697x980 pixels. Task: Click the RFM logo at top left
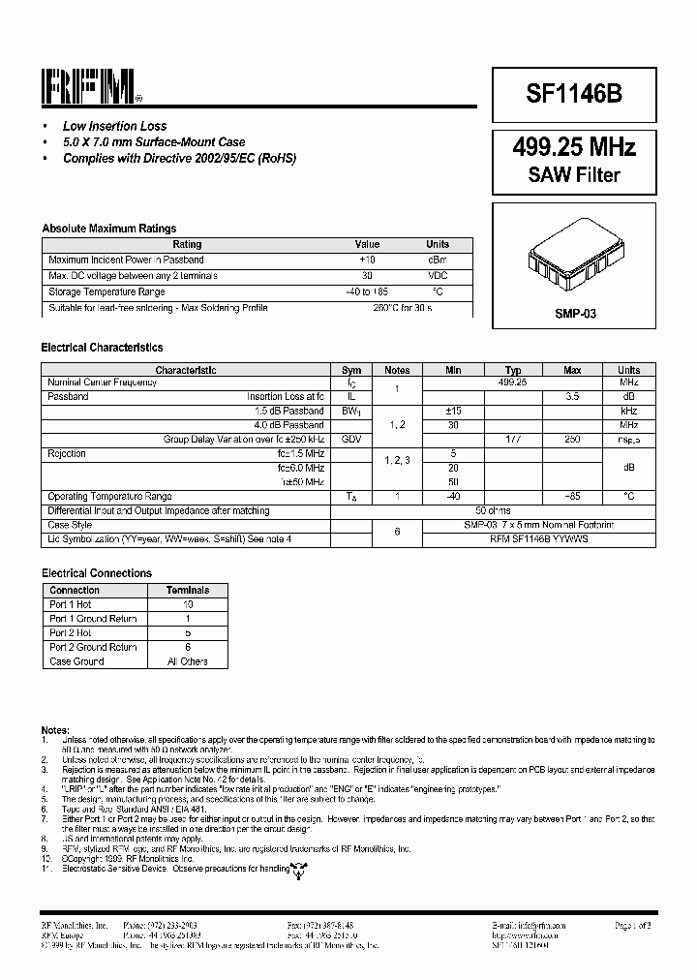[x=90, y=88]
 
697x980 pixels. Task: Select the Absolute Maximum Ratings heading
[x=108, y=229]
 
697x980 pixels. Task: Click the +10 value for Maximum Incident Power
[x=367, y=260]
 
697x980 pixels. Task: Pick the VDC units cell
[x=438, y=276]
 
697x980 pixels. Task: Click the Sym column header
[x=351, y=370]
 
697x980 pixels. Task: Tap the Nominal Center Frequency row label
[x=102, y=383]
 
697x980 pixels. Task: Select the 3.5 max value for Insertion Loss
[x=572, y=397]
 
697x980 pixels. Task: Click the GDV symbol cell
[x=351, y=439]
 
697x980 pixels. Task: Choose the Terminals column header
[x=188, y=590]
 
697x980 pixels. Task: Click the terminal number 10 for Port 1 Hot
[x=188, y=604]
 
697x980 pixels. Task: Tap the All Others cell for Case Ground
[x=188, y=661]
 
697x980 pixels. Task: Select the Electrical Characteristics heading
[x=102, y=348]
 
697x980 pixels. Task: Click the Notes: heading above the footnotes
[x=55, y=728]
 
